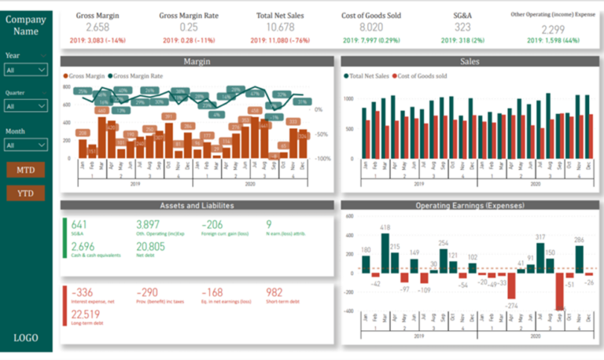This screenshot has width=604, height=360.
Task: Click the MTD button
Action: pyautogui.click(x=26, y=170)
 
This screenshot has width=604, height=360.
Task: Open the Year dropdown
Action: pyautogui.click(x=26, y=70)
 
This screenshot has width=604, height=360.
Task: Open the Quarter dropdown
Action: pyautogui.click(x=26, y=105)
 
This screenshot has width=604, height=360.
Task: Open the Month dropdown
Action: pyautogui.click(x=26, y=145)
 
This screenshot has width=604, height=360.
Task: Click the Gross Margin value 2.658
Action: pyautogui.click(x=92, y=27)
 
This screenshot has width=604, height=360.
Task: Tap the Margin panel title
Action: pyautogui.click(x=197, y=61)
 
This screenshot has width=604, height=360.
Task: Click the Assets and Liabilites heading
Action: pyautogui.click(x=197, y=205)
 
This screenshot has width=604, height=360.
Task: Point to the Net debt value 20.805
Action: pyautogui.click(x=151, y=247)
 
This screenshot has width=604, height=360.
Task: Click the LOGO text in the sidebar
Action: pyautogui.click(x=26, y=338)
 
